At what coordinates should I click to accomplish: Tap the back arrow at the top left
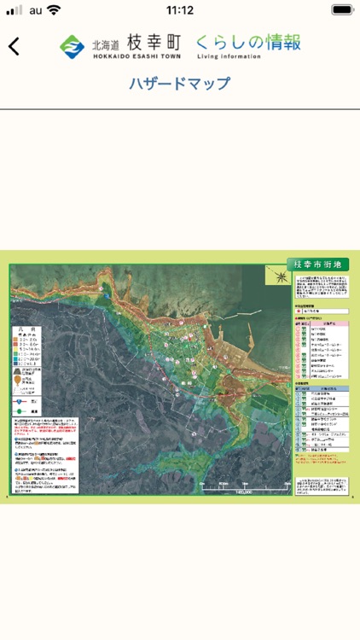[14, 46]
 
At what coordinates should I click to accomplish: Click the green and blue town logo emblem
[72, 45]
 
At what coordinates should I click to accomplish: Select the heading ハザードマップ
[180, 84]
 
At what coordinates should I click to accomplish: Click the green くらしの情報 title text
[247, 42]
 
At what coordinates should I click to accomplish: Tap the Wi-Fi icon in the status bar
[55, 10]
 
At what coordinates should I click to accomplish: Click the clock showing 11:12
[180, 10]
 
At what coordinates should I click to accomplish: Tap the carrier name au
[35, 10]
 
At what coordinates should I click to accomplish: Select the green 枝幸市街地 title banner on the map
[317, 265]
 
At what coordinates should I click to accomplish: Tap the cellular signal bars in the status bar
[15, 10]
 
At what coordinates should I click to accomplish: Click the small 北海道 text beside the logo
[106, 41]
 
